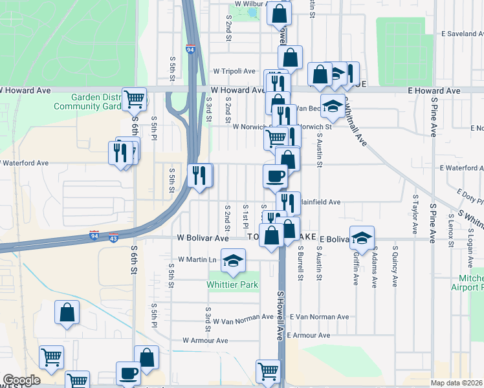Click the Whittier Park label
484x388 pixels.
pos(232,285)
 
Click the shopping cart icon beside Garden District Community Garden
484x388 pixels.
pos(135,100)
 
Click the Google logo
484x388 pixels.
pos(21,380)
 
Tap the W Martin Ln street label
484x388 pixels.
pos(197,260)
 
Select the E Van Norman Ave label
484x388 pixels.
pos(319,317)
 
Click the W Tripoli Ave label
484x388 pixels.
pos(237,71)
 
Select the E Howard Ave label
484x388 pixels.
pos(434,91)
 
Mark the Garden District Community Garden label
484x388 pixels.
pos(96,102)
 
